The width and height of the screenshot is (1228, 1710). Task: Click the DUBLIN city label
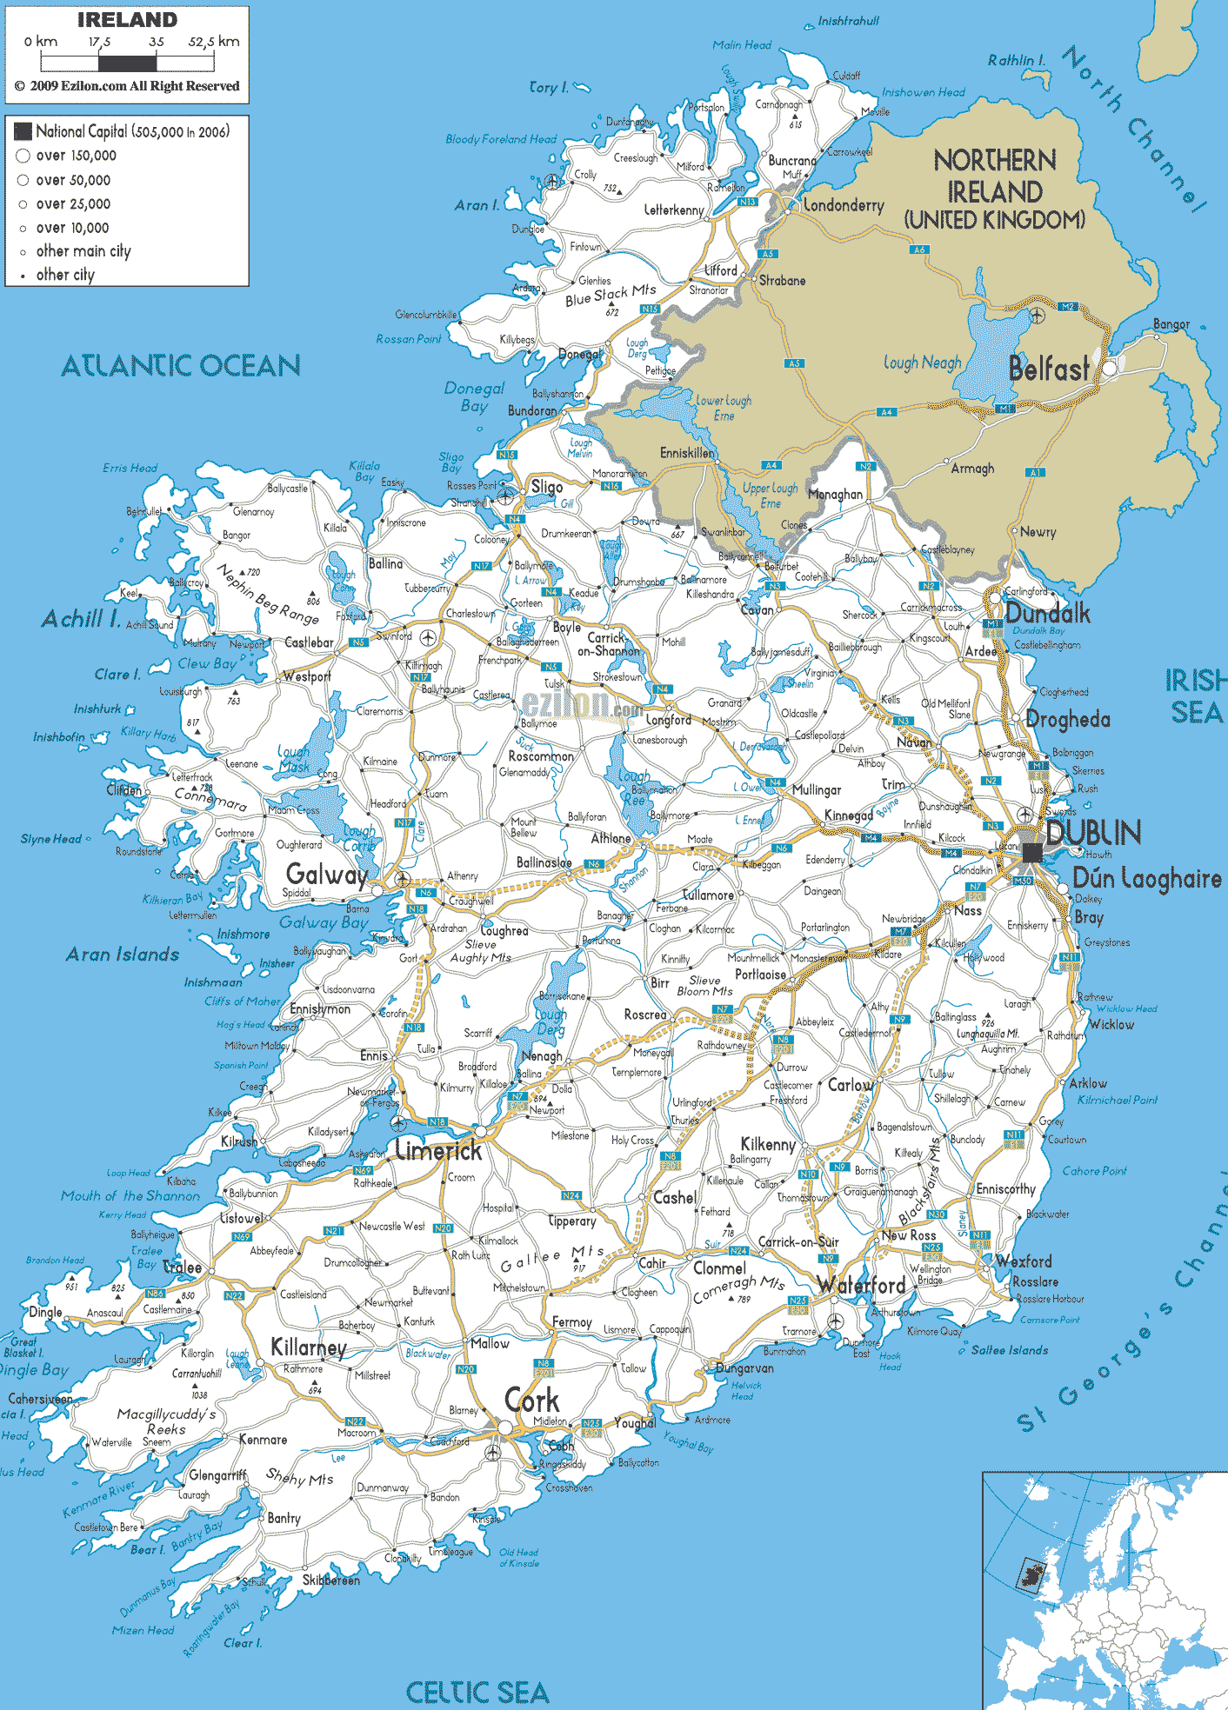point(1092,833)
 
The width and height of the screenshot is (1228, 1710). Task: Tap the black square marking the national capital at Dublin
point(1031,852)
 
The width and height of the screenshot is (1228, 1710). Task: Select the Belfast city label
point(1048,369)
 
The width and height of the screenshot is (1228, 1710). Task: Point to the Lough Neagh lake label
point(922,363)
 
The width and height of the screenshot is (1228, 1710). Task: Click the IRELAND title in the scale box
point(127,20)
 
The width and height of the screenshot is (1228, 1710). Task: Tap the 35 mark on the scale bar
point(157,42)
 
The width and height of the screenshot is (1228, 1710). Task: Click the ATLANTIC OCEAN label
point(181,366)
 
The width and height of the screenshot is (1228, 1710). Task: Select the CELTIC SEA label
point(477,1692)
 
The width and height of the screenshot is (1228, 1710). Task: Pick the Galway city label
point(327,874)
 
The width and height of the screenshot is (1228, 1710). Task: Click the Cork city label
point(531,1401)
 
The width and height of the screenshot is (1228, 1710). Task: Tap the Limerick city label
point(438,1151)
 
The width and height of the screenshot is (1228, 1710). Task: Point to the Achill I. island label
point(81,619)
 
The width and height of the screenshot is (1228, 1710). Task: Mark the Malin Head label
point(741,45)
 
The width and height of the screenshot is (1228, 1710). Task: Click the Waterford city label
point(862,1285)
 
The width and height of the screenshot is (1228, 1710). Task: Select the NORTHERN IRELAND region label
point(995,189)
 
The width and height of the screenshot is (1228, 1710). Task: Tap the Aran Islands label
point(123,955)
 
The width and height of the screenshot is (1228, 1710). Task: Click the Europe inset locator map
point(1105,1591)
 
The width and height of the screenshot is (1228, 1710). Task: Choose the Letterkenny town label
point(674,210)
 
